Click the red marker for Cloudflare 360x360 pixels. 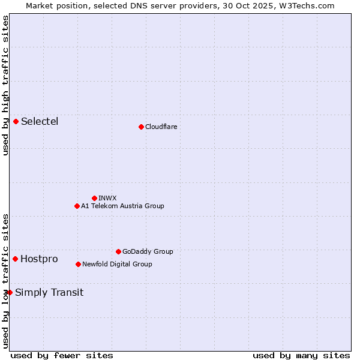pyautogui.click(x=141, y=127)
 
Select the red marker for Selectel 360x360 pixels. pyautogui.click(x=16, y=122)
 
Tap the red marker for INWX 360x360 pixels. pyautogui.click(x=94, y=198)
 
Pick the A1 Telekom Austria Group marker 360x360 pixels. pyautogui.click(x=77, y=206)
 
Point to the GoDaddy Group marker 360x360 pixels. pyautogui.click(x=118, y=251)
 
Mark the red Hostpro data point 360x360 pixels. pyautogui.click(x=15, y=259)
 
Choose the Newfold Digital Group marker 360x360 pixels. pyautogui.click(x=78, y=264)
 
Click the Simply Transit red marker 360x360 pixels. pyautogui.click(x=10, y=292)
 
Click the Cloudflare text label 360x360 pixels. pyautogui.click(x=161, y=127)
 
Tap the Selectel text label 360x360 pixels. pyautogui.click(x=40, y=122)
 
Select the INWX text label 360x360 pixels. pyautogui.click(x=107, y=198)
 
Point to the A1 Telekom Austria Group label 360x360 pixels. pyautogui.click(x=122, y=206)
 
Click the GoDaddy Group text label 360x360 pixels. pyautogui.click(x=148, y=251)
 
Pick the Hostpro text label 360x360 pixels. pyautogui.click(x=39, y=259)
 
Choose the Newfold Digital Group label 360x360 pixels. pyautogui.click(x=117, y=264)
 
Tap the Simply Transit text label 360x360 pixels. pyautogui.click(x=49, y=293)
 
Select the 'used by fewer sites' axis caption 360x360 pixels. pyautogui.click(x=62, y=355)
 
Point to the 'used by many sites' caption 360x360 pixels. pyautogui.click(x=301, y=355)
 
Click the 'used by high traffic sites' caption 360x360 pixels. pyautogui.click(x=5, y=85)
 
